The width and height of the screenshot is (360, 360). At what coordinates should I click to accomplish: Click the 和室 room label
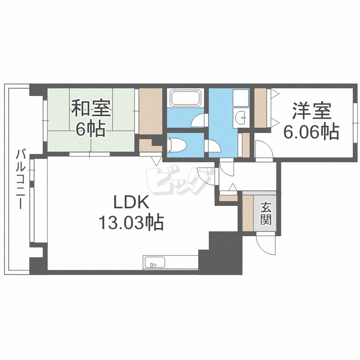coord(91,108)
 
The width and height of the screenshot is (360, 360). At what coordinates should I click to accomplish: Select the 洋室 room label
coord(312,111)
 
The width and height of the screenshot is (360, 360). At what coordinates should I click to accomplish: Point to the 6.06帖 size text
coord(311,132)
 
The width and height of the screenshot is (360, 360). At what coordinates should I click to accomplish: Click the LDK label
coord(132,202)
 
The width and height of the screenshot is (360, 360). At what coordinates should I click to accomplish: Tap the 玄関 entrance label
coord(266,214)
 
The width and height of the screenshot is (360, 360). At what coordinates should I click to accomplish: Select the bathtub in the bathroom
coord(185,98)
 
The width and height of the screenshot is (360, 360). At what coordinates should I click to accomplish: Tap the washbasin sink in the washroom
coord(240,118)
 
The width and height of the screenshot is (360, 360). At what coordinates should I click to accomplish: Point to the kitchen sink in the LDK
coord(155,262)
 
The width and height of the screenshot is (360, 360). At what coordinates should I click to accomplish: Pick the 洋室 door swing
coord(264,149)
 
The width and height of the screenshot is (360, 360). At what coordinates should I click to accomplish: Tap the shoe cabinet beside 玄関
coord(248,213)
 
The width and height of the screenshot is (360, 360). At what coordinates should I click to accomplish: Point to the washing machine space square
coord(240,98)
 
